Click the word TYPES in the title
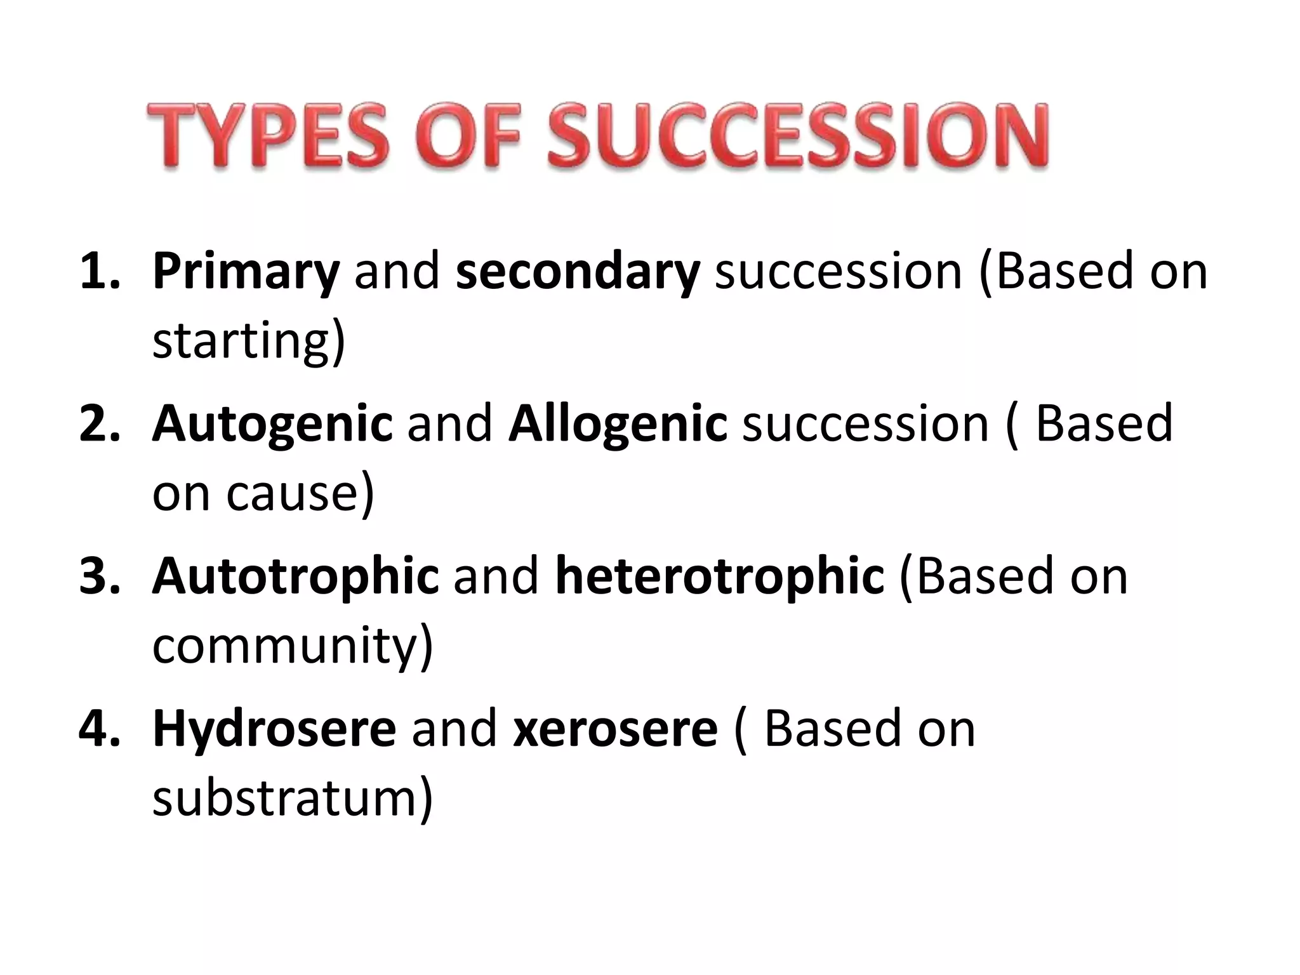click(x=267, y=136)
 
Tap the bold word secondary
click(x=577, y=271)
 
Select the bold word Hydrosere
click(x=274, y=730)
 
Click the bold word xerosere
click(x=615, y=730)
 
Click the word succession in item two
click(x=865, y=423)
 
